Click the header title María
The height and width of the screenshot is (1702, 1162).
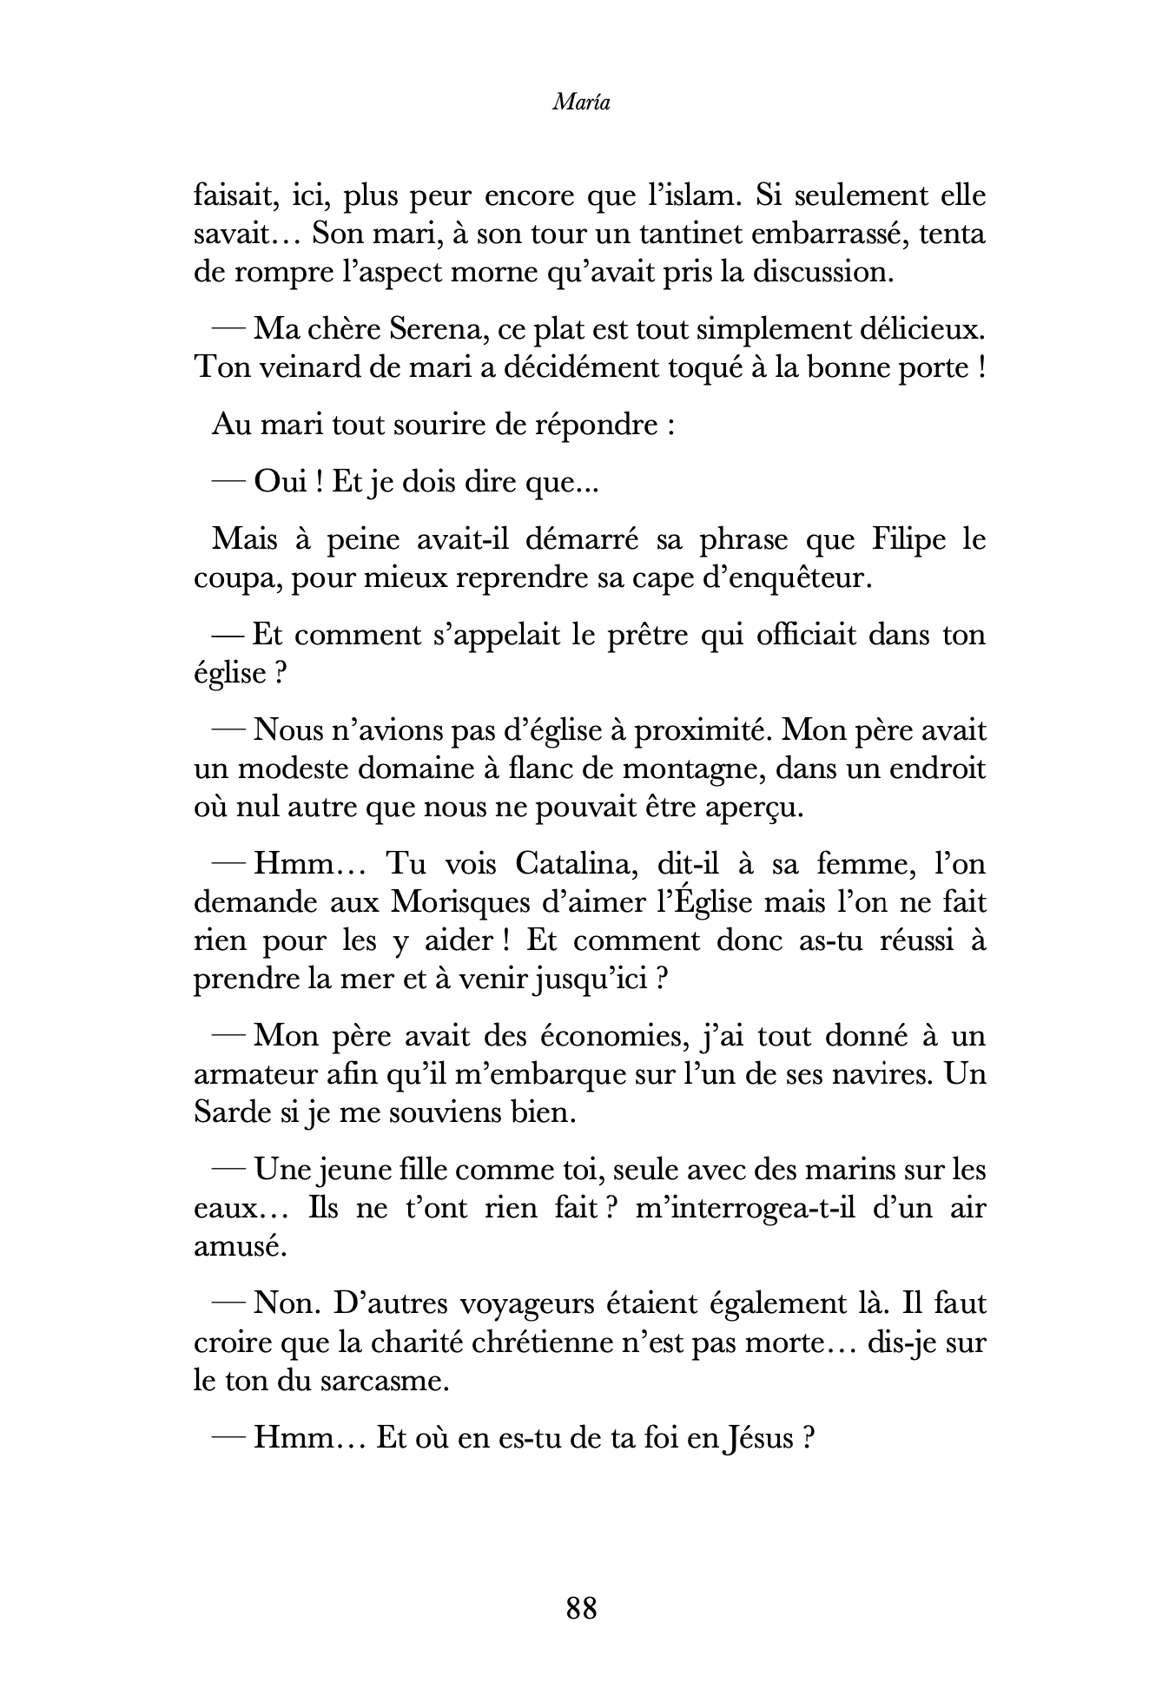point(581,103)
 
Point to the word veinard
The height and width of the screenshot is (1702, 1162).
point(307,368)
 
